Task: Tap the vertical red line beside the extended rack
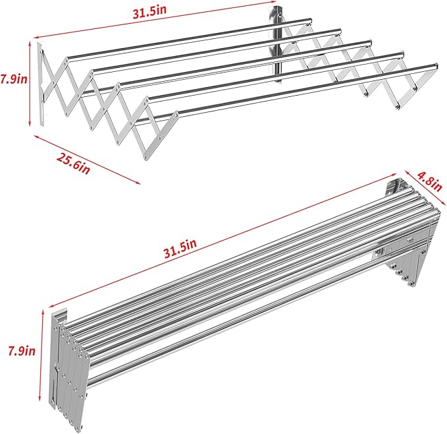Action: pyautogui.click(x=30, y=82)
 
